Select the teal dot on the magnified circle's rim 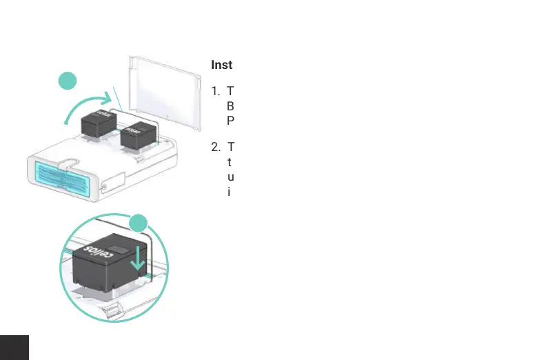click(x=139, y=223)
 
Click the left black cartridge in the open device click(x=97, y=124)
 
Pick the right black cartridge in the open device click(x=138, y=135)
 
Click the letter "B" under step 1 click(x=231, y=106)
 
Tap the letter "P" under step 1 click(x=231, y=119)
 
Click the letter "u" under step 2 click(x=230, y=176)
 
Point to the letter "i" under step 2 click(x=229, y=190)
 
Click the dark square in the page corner click(x=14, y=348)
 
